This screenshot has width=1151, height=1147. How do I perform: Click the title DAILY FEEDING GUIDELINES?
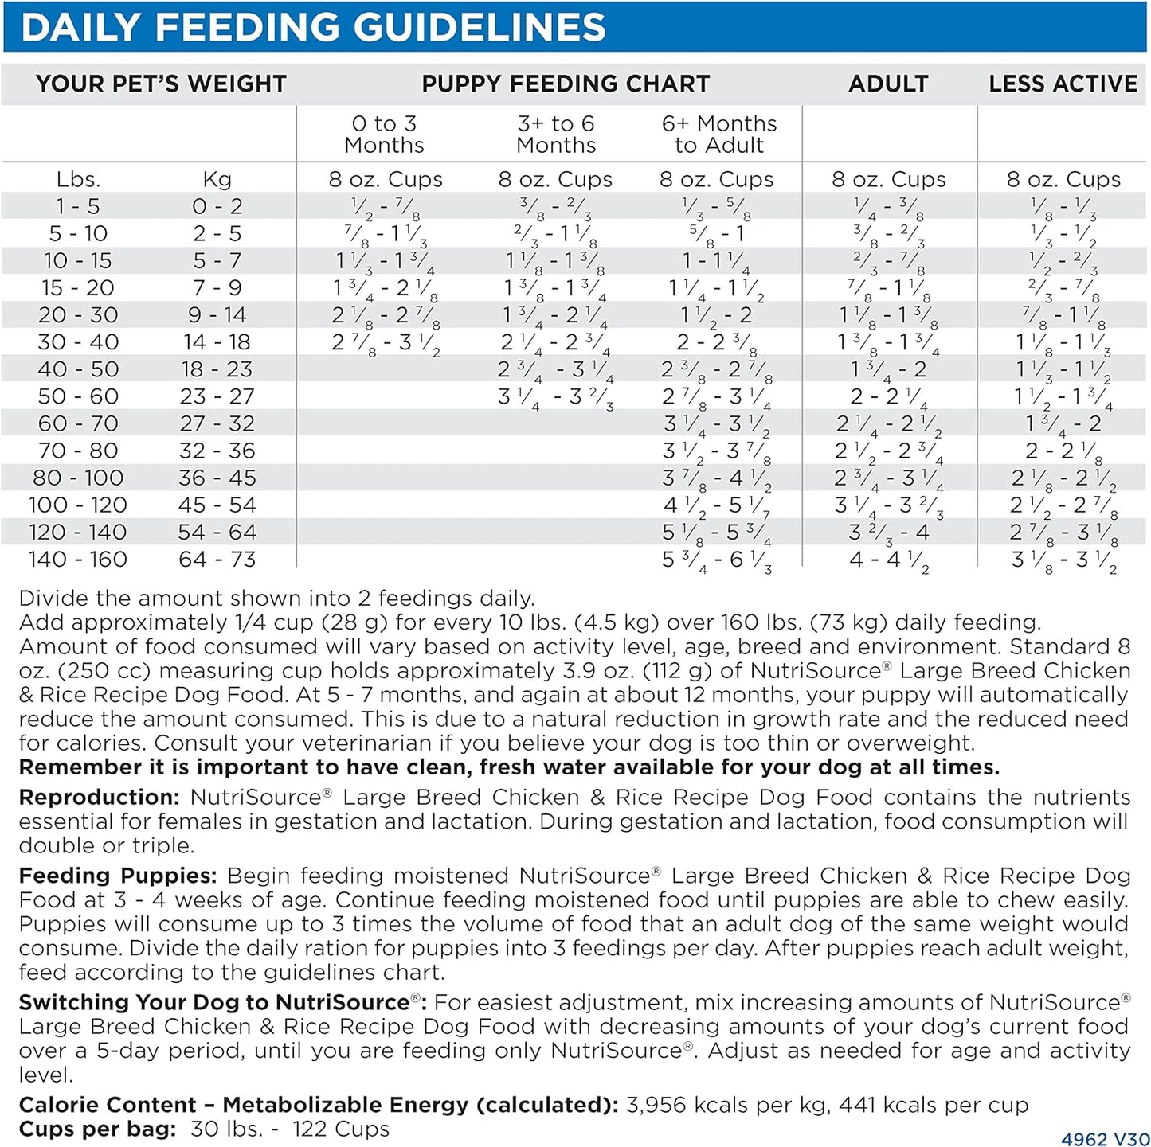point(313,27)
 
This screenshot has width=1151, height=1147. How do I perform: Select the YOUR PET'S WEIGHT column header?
point(160,84)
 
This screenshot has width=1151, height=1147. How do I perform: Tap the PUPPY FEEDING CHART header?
point(565,84)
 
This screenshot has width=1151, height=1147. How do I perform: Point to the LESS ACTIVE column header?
point(1063,84)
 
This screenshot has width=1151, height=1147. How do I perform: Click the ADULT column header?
point(888,84)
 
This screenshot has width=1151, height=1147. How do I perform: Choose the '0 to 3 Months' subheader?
point(384,135)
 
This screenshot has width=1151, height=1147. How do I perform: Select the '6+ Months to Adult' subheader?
point(718,135)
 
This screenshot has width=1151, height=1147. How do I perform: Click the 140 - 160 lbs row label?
point(78,560)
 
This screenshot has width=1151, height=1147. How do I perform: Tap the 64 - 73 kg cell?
point(217,560)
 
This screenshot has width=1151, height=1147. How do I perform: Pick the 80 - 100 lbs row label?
point(78,478)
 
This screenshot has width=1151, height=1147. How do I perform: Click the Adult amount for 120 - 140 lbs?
point(888,533)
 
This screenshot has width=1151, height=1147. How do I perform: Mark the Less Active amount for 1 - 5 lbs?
point(1063,208)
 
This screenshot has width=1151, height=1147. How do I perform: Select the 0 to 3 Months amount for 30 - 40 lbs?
point(386,343)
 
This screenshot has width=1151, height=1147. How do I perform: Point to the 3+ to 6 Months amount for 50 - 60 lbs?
point(555,397)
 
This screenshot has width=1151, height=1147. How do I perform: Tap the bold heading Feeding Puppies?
point(118,876)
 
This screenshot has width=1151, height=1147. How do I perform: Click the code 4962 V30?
point(1105,1139)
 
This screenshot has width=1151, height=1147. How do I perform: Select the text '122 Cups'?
point(341,1129)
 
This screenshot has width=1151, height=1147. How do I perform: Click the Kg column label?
point(217,180)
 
